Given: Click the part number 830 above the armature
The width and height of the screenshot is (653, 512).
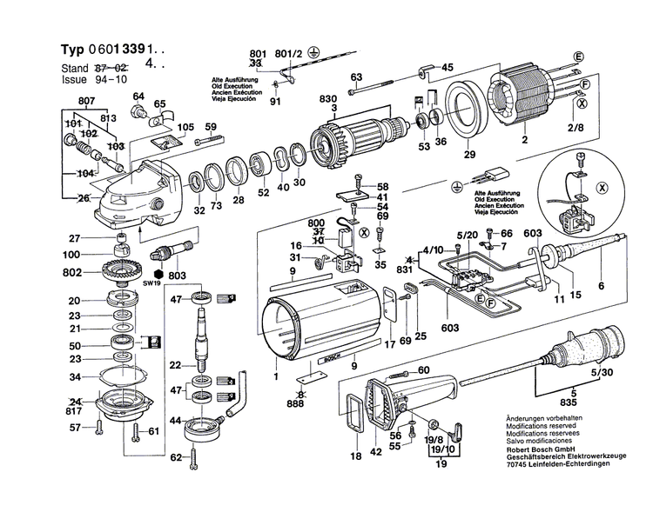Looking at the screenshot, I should point(327,98).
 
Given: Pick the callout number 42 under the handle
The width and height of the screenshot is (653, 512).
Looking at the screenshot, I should point(376,453).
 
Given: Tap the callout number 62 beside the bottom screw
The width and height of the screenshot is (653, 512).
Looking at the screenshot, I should point(177,457).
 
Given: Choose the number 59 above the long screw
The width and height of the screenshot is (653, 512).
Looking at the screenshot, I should point(210,128).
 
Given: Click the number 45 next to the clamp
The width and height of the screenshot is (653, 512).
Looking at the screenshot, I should point(448,68).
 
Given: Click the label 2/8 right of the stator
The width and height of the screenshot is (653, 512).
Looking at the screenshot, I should point(576,129).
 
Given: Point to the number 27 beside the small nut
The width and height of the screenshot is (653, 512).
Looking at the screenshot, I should point(75,238).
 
